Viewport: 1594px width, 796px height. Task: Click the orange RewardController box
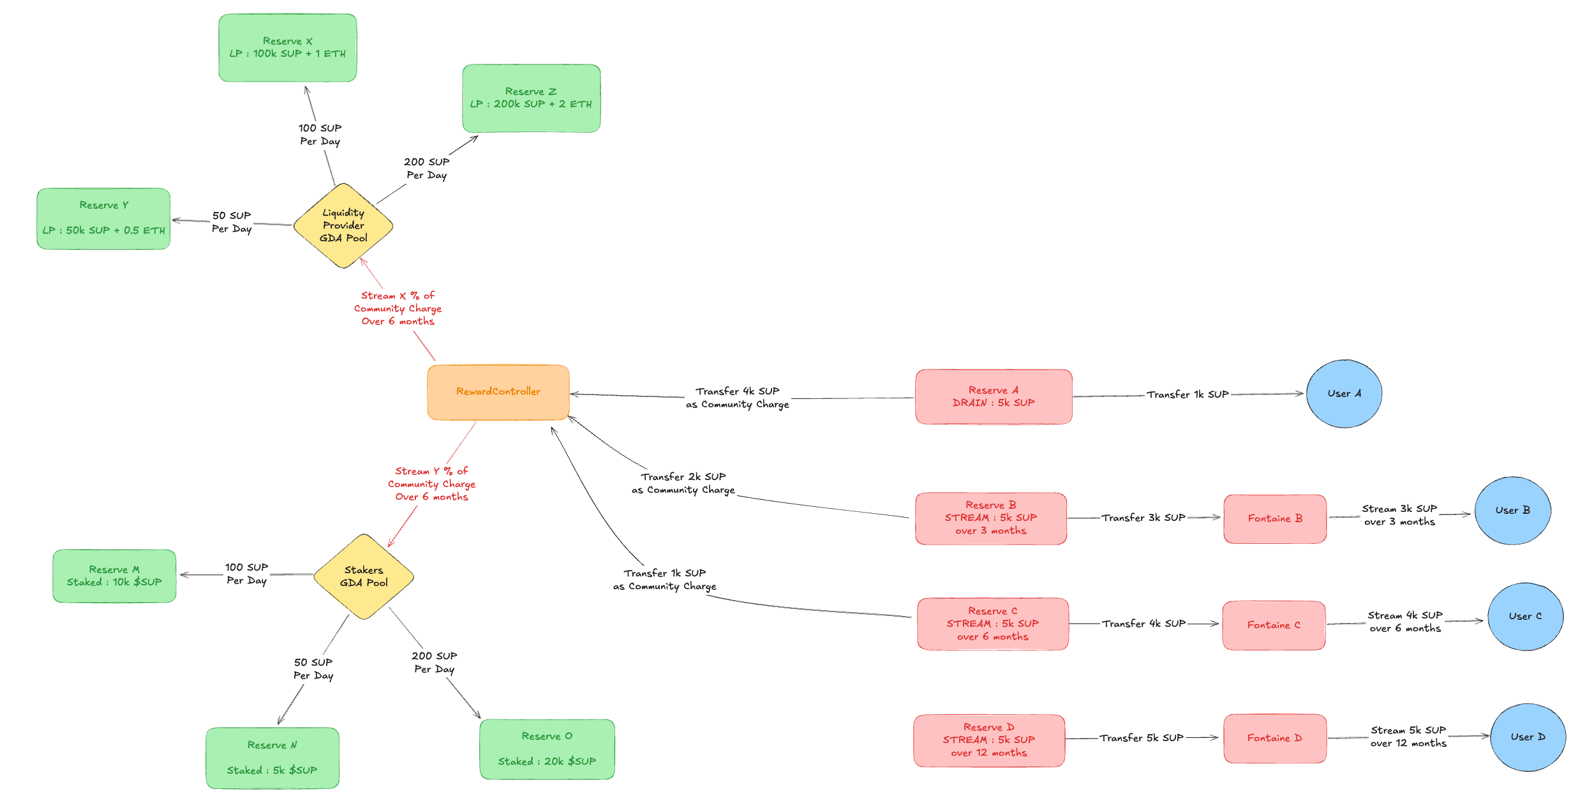coord(498,392)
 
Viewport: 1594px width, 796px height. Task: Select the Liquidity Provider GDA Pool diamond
coord(343,225)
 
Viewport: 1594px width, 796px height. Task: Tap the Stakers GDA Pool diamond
coord(364,576)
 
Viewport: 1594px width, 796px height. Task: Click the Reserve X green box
coord(288,48)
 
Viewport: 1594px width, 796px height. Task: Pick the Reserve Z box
coord(531,98)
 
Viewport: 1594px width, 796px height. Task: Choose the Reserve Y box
coord(103,218)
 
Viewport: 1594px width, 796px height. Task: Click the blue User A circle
coord(1344,394)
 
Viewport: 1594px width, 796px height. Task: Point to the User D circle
coord(1528,737)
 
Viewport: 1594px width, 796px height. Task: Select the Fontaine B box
coord(1275,518)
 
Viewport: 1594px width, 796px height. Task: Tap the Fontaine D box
coord(1275,738)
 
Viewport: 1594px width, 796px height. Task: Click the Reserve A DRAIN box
coord(994,396)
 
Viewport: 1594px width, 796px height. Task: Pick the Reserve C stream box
coord(993,624)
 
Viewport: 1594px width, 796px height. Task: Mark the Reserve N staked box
coord(272,758)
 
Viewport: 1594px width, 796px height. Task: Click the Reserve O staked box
coord(547,749)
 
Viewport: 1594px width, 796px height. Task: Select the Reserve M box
coord(114,576)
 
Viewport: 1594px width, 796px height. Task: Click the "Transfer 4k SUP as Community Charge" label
coord(738,398)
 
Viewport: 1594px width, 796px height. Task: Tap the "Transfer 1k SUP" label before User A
coord(1188,394)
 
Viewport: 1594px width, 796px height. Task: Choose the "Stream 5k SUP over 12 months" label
coord(1408,737)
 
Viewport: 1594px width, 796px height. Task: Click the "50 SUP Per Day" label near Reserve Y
coord(232,222)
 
